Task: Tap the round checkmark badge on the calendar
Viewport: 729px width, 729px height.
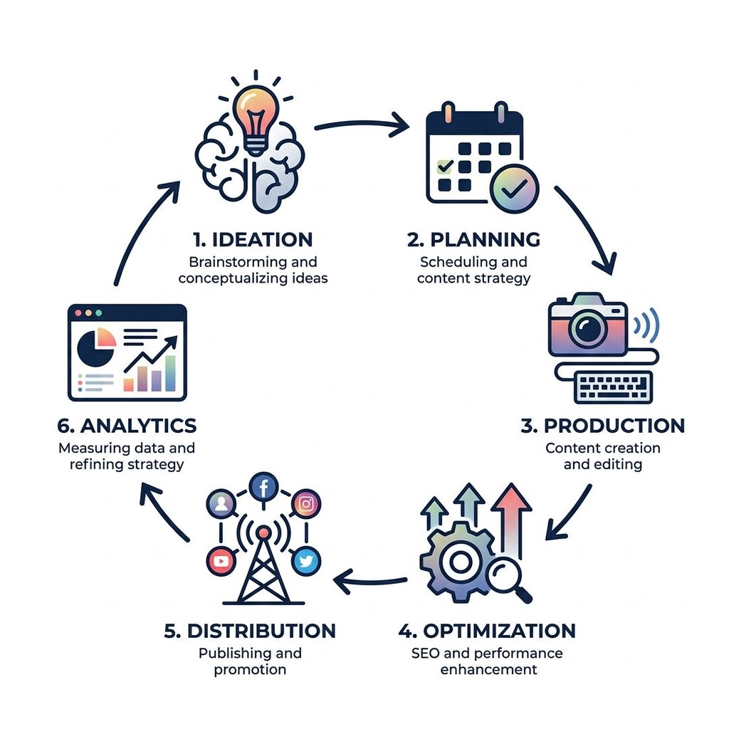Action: pyautogui.click(x=514, y=188)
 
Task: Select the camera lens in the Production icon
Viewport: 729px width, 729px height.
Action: pyautogui.click(x=587, y=327)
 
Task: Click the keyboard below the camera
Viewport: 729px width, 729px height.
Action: pyautogui.click(x=613, y=387)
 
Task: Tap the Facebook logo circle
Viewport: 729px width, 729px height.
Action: pyautogui.click(x=263, y=488)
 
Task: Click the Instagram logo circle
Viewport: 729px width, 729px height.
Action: pyautogui.click(x=306, y=504)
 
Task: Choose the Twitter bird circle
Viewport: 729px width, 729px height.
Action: pyautogui.click(x=306, y=562)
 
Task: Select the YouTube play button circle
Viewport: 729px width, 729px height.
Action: pyautogui.click(x=221, y=562)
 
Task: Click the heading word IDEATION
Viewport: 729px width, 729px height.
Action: pyautogui.click(x=262, y=240)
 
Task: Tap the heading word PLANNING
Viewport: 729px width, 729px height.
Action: pyautogui.click(x=485, y=240)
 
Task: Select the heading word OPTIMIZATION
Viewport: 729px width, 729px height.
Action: pyautogui.click(x=499, y=631)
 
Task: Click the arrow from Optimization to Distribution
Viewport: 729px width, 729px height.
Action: pyautogui.click(x=370, y=582)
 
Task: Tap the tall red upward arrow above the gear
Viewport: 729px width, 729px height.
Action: pyautogui.click(x=511, y=520)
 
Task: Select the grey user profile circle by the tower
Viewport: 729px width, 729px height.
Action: pyautogui.click(x=221, y=504)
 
